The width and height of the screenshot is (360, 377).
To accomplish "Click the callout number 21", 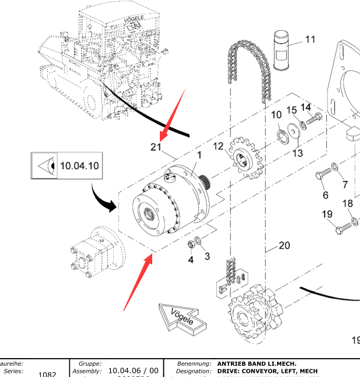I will pos(156,147).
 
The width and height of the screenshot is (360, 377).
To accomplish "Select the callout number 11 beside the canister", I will pos(310,40).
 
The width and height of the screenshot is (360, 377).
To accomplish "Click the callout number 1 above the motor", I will pos(200,155).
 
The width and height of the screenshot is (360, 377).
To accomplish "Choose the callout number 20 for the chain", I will pos(284,245).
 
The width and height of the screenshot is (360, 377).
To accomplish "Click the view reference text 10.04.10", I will pos(79,166).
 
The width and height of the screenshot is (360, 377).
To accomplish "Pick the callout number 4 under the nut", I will pos(191,259).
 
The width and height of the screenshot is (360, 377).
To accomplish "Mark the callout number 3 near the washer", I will pos(207,256).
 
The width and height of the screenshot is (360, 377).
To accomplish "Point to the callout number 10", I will pos(277,115).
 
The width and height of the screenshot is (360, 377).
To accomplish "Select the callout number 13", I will pos(297,153).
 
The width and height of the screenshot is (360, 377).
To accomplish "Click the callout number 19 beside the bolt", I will pos(327,214).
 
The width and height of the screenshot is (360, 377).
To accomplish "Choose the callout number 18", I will pos(348,204).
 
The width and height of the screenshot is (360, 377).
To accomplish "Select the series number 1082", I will pos(47,374).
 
